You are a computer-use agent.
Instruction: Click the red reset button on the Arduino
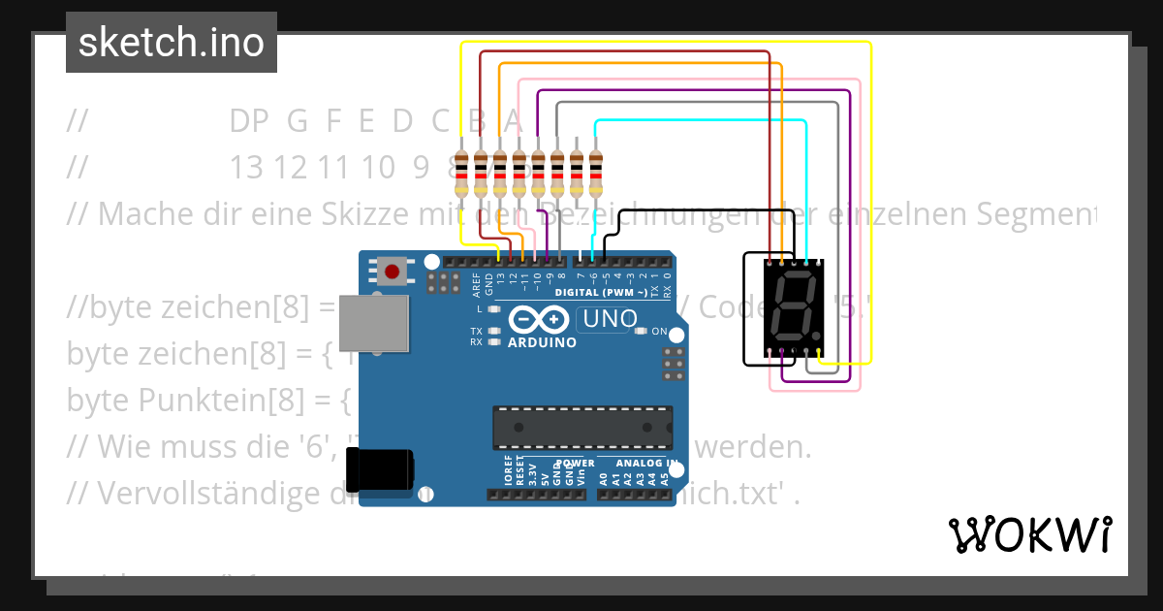point(393,272)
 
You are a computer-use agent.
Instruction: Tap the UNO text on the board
point(607,318)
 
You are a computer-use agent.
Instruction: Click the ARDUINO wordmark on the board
point(542,342)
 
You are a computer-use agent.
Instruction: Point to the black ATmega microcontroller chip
point(581,428)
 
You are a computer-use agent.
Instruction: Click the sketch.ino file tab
point(172,43)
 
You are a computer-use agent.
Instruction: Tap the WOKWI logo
point(1029,534)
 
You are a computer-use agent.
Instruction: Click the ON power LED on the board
point(641,332)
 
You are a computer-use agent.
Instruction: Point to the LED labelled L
point(495,309)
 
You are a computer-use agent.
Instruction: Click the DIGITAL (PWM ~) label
point(601,292)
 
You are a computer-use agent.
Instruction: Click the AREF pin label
point(477,283)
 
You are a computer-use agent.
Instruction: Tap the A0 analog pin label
point(603,477)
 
